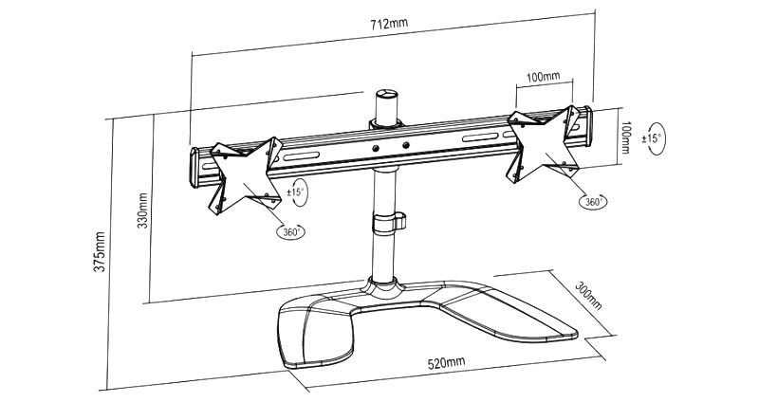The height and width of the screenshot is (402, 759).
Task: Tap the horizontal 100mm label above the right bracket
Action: click(x=542, y=76)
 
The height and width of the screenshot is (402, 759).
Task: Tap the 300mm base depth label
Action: click(x=588, y=294)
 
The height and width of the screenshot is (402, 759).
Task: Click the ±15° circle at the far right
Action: click(x=653, y=138)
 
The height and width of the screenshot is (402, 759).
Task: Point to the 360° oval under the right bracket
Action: click(x=595, y=201)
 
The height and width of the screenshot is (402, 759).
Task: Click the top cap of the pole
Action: click(x=385, y=95)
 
